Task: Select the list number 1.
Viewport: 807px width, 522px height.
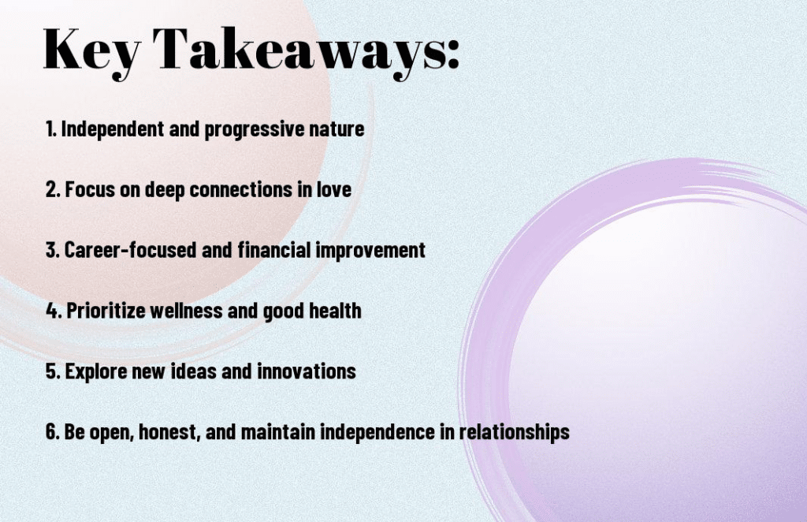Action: click(x=50, y=129)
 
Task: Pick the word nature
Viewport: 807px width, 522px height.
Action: click(x=337, y=129)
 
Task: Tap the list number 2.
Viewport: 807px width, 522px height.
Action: click(x=53, y=189)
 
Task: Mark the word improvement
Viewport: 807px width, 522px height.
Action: click(x=370, y=251)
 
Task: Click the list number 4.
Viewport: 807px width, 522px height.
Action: click(x=54, y=311)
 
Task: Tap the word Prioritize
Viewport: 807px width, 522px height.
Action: click(x=106, y=311)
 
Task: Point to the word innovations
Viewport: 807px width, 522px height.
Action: click(x=307, y=371)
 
